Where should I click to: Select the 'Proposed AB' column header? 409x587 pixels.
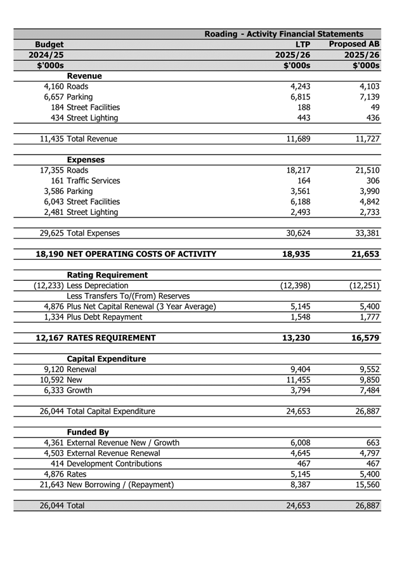[x=354, y=44]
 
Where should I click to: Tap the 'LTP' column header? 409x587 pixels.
[x=302, y=44]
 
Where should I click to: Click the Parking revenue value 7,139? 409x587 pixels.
[x=367, y=97]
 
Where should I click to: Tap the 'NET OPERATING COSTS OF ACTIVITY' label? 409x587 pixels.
[x=141, y=254]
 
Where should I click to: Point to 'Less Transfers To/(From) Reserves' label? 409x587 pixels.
[x=128, y=296]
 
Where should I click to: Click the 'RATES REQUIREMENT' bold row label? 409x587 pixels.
[x=112, y=338]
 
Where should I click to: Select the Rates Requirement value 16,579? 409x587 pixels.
[x=365, y=338]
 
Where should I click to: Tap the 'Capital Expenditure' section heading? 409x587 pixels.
[x=107, y=359]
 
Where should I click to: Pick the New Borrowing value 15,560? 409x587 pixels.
[x=365, y=484]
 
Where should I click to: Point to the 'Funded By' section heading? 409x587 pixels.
[x=89, y=432]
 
